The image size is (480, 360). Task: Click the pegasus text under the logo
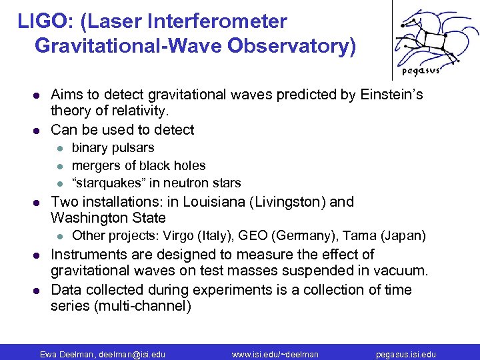point(419,71)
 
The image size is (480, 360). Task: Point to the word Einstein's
point(391,95)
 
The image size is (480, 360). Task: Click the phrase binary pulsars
point(113,147)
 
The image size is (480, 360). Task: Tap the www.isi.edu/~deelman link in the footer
point(275,353)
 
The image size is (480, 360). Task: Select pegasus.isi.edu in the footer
point(405,353)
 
